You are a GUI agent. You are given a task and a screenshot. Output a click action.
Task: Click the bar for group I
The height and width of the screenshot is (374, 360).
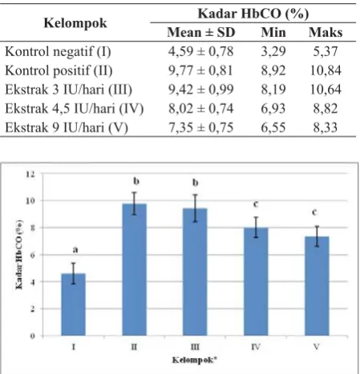click(x=74, y=304)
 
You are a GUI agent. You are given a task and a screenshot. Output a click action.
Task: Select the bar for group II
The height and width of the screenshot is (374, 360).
click(x=135, y=270)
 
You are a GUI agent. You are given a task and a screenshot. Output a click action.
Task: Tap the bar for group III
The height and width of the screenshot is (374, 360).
click(x=195, y=271)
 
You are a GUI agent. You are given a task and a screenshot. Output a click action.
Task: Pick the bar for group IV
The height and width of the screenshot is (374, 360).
click(x=256, y=281)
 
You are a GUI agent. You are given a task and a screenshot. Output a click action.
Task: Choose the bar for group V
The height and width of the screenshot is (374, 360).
click(x=317, y=286)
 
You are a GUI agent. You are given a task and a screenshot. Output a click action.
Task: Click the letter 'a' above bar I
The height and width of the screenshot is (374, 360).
click(x=75, y=250)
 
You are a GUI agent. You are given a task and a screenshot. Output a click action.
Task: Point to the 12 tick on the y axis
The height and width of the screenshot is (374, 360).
click(x=30, y=175)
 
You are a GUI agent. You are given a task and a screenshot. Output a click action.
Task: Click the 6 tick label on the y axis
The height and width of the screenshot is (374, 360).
click(x=33, y=255)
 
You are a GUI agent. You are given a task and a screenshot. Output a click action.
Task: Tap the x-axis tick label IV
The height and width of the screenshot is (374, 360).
click(x=256, y=347)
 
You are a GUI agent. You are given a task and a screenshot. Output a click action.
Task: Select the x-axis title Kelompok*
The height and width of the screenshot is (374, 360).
click(x=195, y=360)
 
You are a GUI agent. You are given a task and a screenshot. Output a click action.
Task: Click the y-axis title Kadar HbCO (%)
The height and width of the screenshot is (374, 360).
click(x=19, y=255)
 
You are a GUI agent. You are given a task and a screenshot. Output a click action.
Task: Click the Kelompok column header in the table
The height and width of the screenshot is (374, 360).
click(x=75, y=23)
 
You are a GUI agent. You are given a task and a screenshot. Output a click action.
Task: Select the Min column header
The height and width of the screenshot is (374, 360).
click(x=273, y=32)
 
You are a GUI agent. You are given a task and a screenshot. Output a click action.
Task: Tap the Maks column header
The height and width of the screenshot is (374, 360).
click(x=326, y=32)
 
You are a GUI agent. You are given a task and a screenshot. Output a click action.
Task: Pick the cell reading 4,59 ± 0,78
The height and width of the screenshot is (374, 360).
click(x=200, y=51)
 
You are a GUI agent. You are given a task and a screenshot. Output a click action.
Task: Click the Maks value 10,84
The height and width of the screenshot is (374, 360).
click(x=326, y=70)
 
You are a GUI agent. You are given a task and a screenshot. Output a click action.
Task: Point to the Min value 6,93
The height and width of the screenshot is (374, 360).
click(x=273, y=109)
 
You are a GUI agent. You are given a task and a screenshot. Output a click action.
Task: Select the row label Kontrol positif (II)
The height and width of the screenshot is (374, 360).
click(x=59, y=70)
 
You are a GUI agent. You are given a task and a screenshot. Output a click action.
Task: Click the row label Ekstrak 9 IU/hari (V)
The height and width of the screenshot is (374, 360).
click(x=67, y=127)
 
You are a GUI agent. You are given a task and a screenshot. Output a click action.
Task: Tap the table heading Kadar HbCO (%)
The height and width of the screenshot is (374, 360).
click(x=253, y=14)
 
